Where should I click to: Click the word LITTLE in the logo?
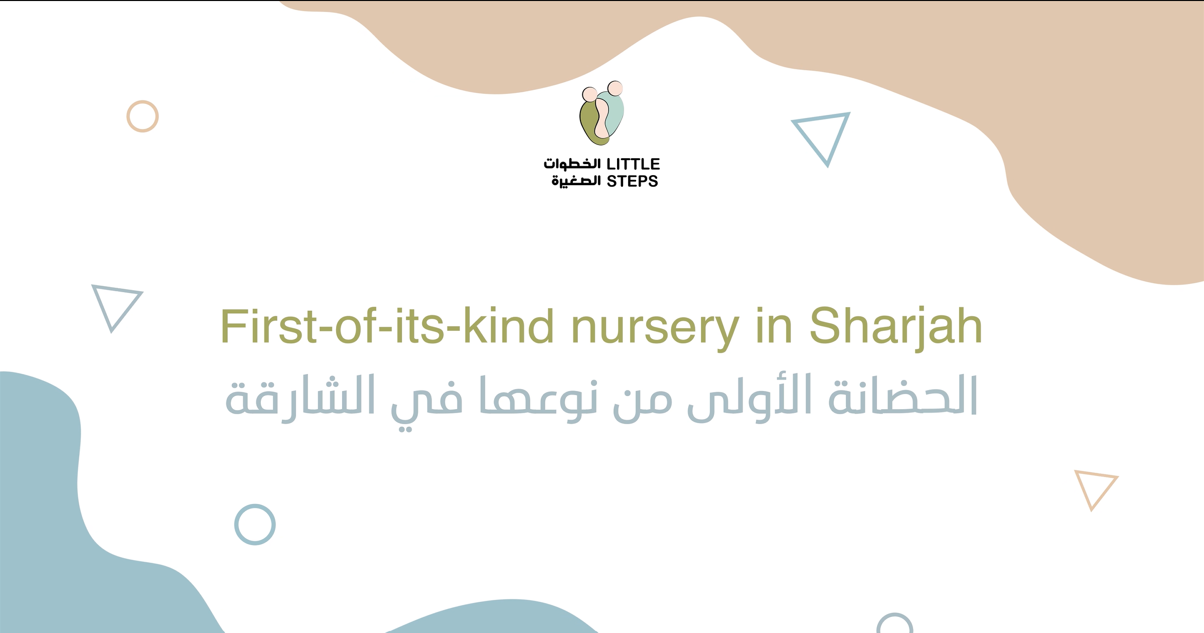coord(633,164)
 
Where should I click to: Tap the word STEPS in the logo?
coord(632,181)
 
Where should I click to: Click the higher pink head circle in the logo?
coord(615,88)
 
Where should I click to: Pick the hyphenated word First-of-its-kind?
coord(387,326)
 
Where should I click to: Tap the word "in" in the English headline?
coord(774,326)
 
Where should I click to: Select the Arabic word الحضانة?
coord(902,396)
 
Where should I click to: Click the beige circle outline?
coord(142,101)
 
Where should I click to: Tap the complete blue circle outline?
coord(255,505)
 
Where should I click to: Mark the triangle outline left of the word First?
coord(117,289)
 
